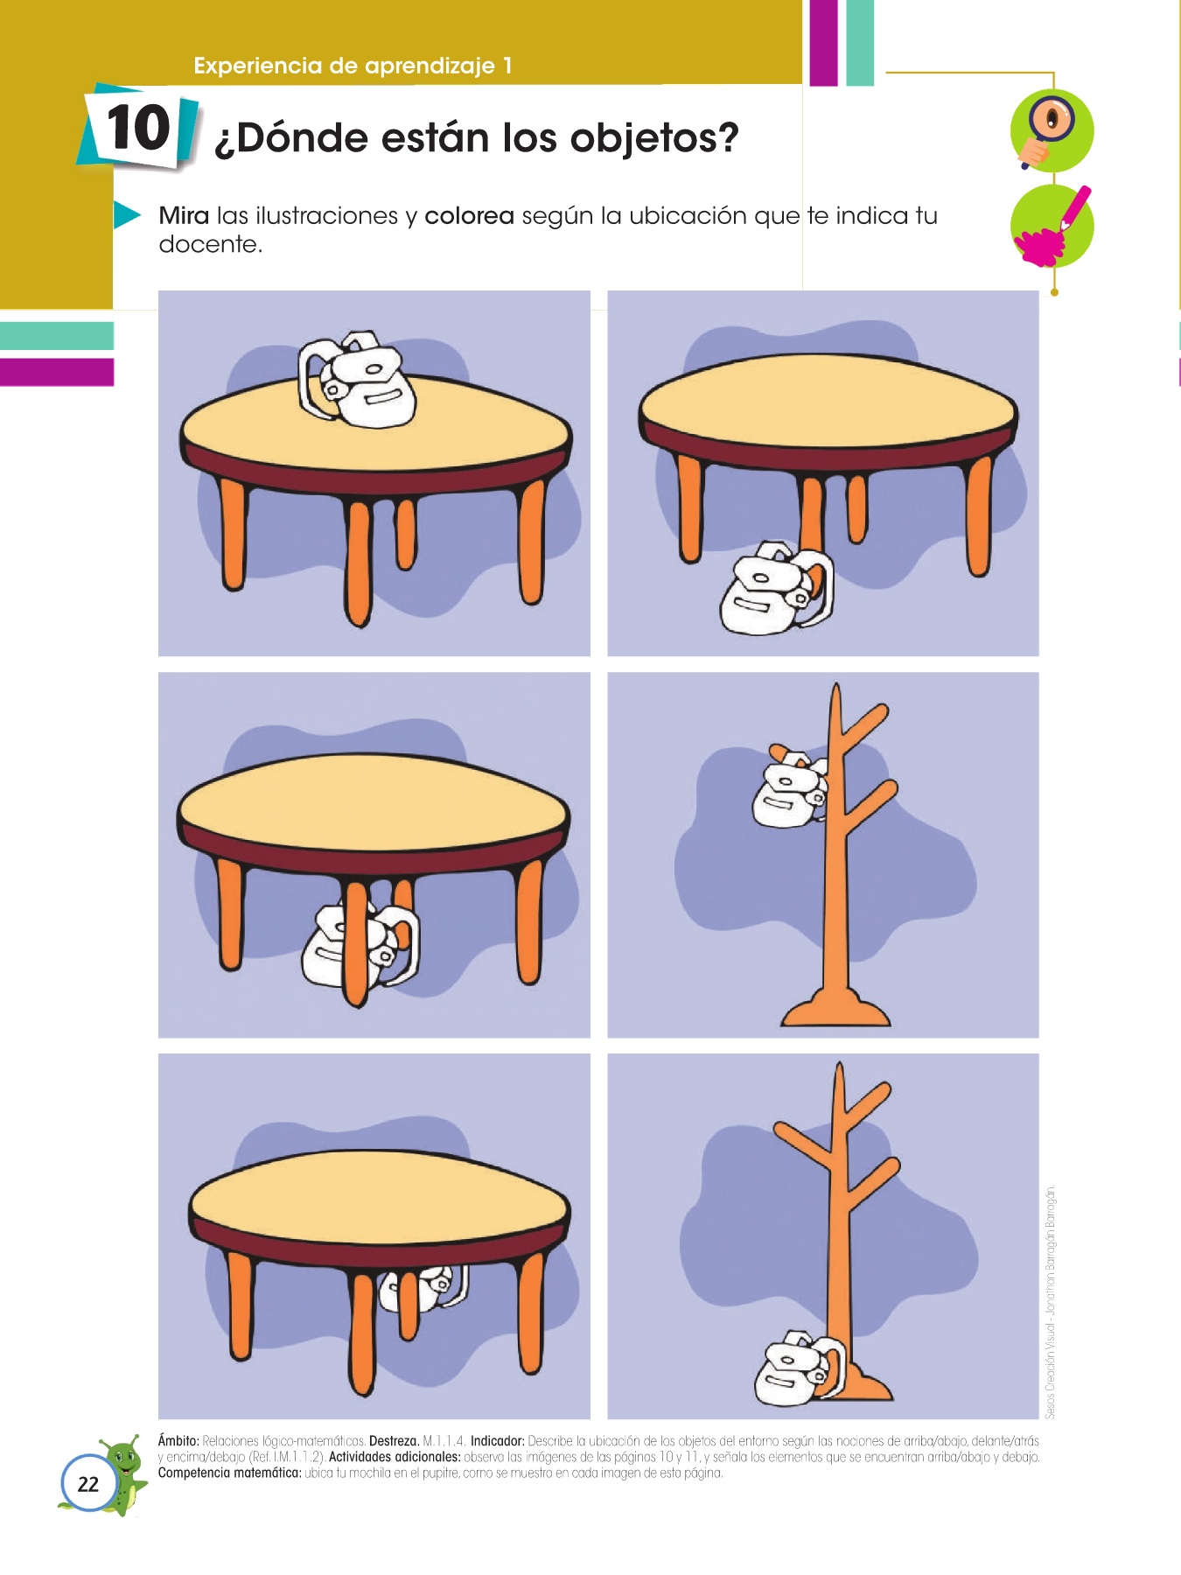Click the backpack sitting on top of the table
pyautogui.click(x=357, y=380)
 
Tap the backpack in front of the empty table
pyautogui.click(x=776, y=588)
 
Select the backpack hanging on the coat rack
pyautogui.click(x=790, y=787)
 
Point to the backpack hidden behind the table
pyautogui.click(x=424, y=1288)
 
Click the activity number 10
pyautogui.click(x=138, y=129)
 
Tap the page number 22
pyautogui.click(x=88, y=1484)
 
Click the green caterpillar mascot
pyautogui.click(x=118, y=1475)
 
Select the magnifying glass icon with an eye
pyautogui.click(x=1052, y=131)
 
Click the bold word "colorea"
pyautogui.click(x=469, y=215)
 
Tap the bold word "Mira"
pyautogui.click(x=184, y=215)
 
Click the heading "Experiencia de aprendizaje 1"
pyautogui.click(x=353, y=66)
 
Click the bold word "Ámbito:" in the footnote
pyautogui.click(x=178, y=1440)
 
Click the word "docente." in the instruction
pyautogui.click(x=210, y=244)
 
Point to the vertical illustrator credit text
pyautogui.click(x=1051, y=1301)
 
